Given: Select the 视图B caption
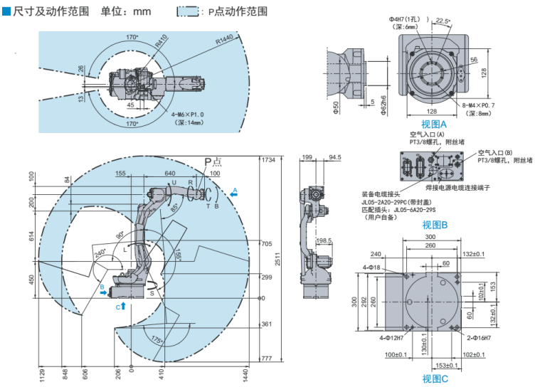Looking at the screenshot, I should [434, 225].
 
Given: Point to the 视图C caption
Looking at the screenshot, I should [435, 379].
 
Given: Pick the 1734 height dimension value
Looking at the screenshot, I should [267, 160].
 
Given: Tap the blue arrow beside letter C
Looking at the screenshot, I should [123, 305].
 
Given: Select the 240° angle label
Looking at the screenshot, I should [99, 251].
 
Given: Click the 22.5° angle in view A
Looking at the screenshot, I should [443, 21].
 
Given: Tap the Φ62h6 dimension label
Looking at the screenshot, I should [383, 105].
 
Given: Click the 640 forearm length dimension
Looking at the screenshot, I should [169, 173].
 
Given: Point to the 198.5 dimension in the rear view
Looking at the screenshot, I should [324, 240].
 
